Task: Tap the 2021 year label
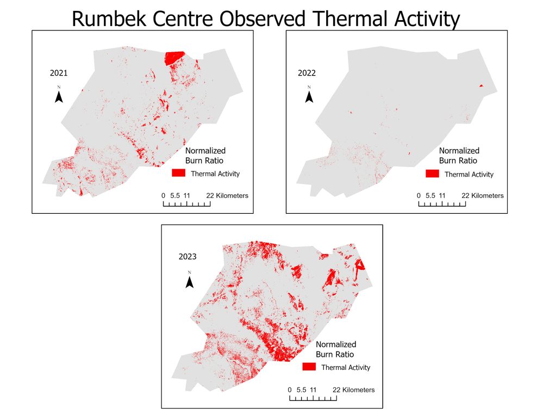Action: coord(58,72)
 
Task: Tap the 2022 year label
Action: coord(307,73)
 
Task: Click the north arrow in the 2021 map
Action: coord(59,96)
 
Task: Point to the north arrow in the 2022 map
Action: coord(309,96)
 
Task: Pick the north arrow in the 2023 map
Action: coord(190,281)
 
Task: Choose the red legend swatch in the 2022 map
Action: coord(432,174)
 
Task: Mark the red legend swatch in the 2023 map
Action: coord(309,367)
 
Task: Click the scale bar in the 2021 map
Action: coord(186,204)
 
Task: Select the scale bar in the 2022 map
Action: coord(441,204)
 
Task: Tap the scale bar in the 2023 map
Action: coord(313,398)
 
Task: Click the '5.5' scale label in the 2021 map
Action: coord(174,195)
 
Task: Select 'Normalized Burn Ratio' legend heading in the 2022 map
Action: coord(459,155)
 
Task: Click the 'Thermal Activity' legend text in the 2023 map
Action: coord(346,367)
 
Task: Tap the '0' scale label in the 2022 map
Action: coord(418,195)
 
